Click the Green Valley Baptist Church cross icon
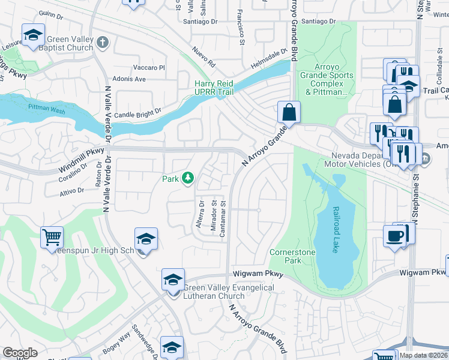[103, 43]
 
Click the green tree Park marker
[188, 178]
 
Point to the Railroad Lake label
[335, 231]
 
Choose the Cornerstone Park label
[292, 257]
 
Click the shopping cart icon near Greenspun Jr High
[52, 237]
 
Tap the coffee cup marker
[395, 235]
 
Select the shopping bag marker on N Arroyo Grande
[289, 112]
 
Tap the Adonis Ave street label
[130, 79]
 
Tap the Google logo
[20, 353]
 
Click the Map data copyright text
[423, 355]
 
